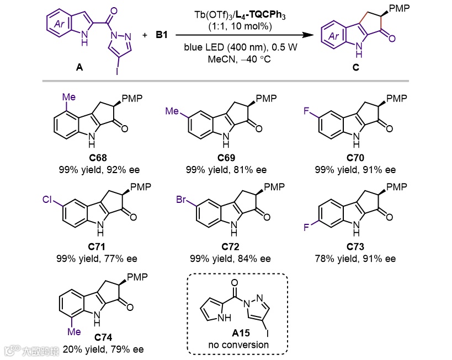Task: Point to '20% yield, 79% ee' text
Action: pyautogui.click(x=103, y=349)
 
